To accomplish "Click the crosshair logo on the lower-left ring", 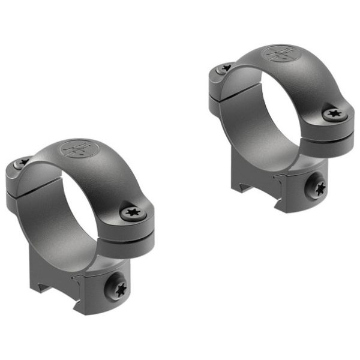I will click(77, 148).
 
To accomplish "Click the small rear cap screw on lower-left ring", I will click(24, 161).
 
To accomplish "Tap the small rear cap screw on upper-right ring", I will click(226, 68).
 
